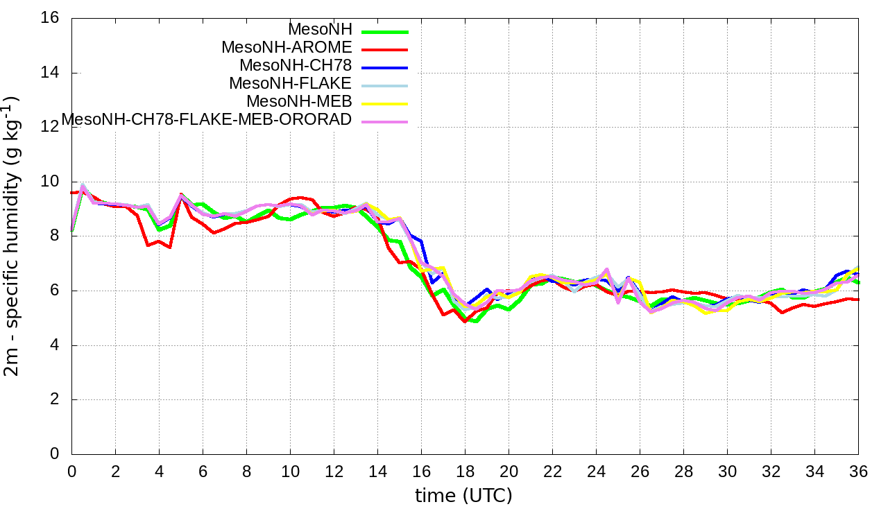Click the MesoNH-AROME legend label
(x=287, y=48)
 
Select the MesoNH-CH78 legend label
(x=296, y=66)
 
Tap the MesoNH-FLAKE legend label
(x=291, y=84)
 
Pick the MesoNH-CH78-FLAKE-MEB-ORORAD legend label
(x=207, y=120)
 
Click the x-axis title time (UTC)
(x=463, y=496)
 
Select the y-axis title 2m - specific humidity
(x=14, y=236)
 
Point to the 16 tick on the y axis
(x=49, y=18)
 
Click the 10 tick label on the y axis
(x=49, y=182)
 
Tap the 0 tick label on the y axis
(x=53, y=454)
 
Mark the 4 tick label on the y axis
(x=53, y=345)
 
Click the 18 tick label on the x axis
(x=465, y=471)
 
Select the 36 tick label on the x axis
(x=858, y=471)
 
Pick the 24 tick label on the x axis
(x=596, y=471)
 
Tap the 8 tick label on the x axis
(x=246, y=471)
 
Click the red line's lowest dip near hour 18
(x=465, y=322)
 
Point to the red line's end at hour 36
(x=857, y=300)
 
